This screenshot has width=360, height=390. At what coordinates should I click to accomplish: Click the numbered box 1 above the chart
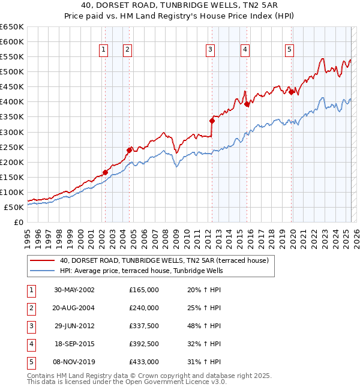(104, 50)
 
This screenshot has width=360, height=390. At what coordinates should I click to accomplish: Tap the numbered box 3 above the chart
(211, 50)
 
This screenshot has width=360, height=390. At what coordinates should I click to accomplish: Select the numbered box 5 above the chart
(289, 50)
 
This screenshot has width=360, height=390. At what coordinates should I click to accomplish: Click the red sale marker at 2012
(212, 121)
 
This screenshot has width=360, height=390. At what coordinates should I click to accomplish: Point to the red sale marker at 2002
(105, 172)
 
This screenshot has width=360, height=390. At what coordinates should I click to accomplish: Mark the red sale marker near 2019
(291, 92)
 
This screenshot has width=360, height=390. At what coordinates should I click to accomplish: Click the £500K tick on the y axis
(13, 72)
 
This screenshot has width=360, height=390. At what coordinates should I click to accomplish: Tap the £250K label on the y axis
(13, 147)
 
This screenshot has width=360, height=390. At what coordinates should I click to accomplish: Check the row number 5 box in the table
(29, 362)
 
